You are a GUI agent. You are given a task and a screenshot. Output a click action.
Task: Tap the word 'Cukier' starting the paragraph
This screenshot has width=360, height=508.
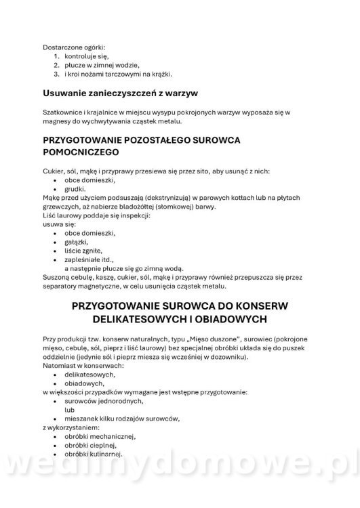coord(54,171)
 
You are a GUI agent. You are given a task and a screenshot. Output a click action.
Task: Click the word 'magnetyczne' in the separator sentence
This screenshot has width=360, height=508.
coord(98,286)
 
